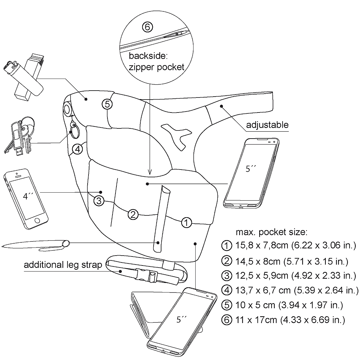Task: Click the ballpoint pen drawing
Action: pyautogui.click(x=36, y=245)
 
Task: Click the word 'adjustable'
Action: pyautogui.click(x=267, y=125)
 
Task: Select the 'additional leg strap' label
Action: pyautogui.click(x=63, y=265)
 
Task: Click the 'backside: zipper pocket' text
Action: pyautogui.click(x=156, y=61)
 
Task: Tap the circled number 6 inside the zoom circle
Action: pyautogui.click(x=147, y=27)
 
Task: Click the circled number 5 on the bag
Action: pyautogui.click(x=107, y=104)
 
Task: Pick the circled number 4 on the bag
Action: pyautogui.click(x=77, y=149)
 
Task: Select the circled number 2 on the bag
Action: pyautogui.click(x=133, y=214)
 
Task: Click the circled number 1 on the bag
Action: pyautogui.click(x=186, y=223)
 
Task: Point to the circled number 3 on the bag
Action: pyautogui.click(x=99, y=200)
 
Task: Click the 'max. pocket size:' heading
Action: pyautogui.click(x=271, y=232)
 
